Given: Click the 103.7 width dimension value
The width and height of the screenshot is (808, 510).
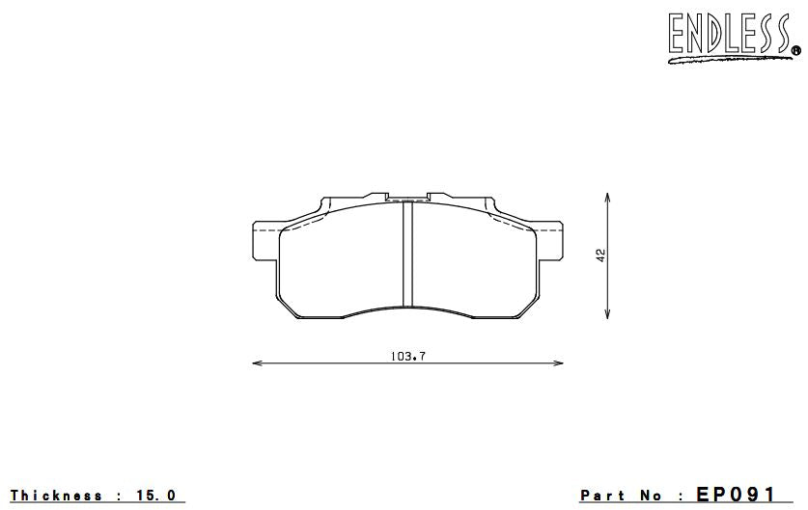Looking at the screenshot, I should [x=408, y=356].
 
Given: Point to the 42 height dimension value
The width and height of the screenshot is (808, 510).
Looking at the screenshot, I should [x=600, y=255].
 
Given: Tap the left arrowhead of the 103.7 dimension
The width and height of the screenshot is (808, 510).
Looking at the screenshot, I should [x=255, y=363].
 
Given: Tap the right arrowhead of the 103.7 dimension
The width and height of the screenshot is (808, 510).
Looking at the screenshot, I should [x=561, y=363].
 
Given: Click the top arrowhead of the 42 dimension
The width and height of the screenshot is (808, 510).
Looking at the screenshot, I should [x=606, y=195].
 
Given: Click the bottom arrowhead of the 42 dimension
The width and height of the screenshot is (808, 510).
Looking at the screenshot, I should [x=606, y=316].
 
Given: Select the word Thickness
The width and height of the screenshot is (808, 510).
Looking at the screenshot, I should [x=56, y=496].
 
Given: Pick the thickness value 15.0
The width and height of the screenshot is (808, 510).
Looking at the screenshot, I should [x=157, y=496].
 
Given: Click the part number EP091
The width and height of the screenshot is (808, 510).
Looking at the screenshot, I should [x=735, y=495].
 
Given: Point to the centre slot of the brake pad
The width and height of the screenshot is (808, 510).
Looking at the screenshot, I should [x=407, y=255].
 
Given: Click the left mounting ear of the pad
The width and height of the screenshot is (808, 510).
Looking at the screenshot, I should [x=265, y=240].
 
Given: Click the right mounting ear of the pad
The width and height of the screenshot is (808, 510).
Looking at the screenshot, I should [x=550, y=240].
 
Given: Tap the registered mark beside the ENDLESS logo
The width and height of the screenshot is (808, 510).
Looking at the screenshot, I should [x=795, y=50].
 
